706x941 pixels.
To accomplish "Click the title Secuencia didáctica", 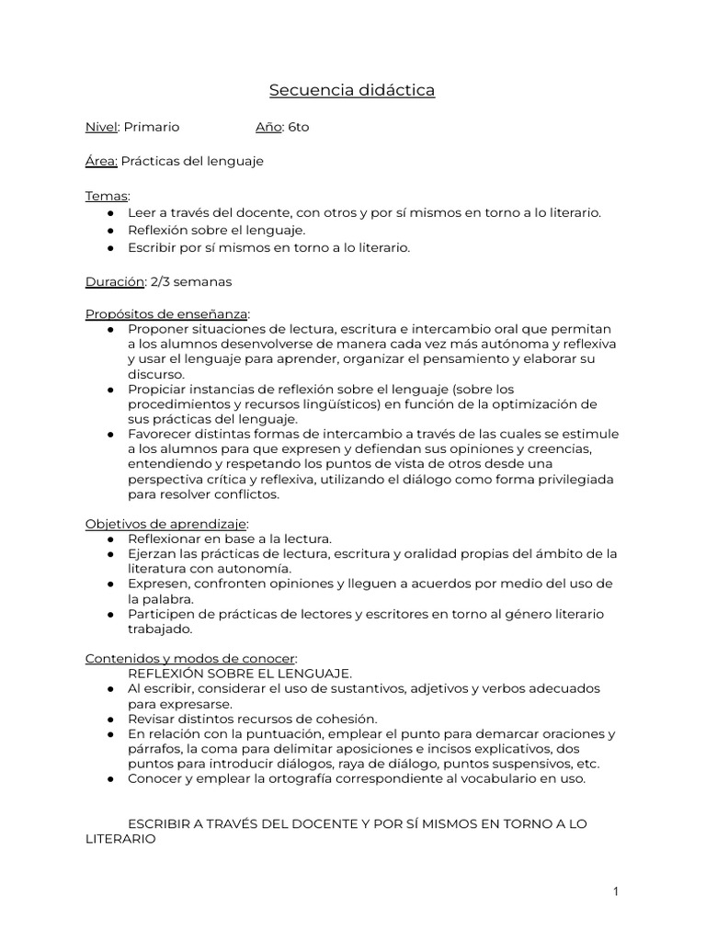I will pyautogui.click(x=352, y=90).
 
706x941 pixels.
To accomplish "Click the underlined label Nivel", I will pyautogui.click(x=101, y=127).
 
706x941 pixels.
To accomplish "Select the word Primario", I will pyautogui.click(x=152, y=127).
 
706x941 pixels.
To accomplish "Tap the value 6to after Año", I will pyautogui.click(x=299, y=127).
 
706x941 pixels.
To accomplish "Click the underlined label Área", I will pyautogui.click(x=101, y=161).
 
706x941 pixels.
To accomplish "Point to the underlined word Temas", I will pyautogui.click(x=107, y=196).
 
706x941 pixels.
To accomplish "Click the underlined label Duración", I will pyautogui.click(x=115, y=281).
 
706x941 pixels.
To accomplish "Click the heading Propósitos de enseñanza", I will pyautogui.click(x=166, y=314).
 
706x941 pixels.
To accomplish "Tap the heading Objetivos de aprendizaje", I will pyautogui.click(x=166, y=524).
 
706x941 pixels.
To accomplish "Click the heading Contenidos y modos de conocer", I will pyautogui.click(x=190, y=658).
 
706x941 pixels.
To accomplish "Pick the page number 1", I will pyautogui.click(x=616, y=891).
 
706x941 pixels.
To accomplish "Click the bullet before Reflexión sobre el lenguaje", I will pyautogui.click(x=111, y=231).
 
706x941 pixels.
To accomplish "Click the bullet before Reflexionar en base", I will pyautogui.click(x=111, y=539).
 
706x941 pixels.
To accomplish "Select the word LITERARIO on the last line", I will pyautogui.click(x=121, y=838).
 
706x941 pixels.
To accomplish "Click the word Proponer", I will pyautogui.click(x=155, y=329).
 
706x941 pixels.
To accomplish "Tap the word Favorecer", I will pyautogui.click(x=158, y=434).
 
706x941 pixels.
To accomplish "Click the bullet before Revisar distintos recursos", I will pyautogui.click(x=111, y=719).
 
